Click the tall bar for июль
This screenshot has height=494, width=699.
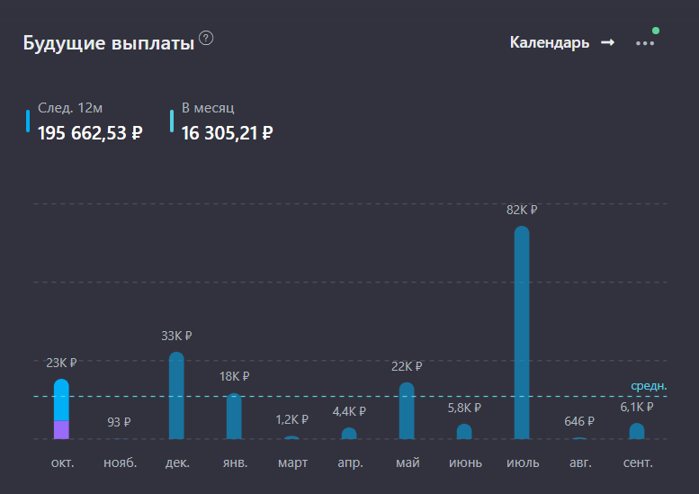click(522, 333)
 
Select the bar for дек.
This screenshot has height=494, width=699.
click(176, 396)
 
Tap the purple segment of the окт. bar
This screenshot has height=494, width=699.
click(61, 429)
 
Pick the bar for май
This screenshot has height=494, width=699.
click(407, 411)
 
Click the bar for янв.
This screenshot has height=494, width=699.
click(234, 416)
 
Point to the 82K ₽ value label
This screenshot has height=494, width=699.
click(522, 210)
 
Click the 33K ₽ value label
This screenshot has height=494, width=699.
click(176, 336)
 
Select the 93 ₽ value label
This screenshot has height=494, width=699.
click(119, 421)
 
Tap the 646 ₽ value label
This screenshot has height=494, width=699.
click(579, 421)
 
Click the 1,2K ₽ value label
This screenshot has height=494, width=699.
click(291, 419)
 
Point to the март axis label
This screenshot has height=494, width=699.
click(292, 463)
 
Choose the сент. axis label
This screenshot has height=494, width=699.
click(637, 463)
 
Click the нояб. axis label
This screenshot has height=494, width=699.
click(120, 463)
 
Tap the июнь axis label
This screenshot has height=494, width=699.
click(464, 463)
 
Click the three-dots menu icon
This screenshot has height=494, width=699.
click(645, 42)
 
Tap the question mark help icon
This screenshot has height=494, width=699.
click(207, 38)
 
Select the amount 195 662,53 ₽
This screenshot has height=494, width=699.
click(90, 133)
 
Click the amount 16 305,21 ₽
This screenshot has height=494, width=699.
click(227, 133)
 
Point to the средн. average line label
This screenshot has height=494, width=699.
click(649, 386)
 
